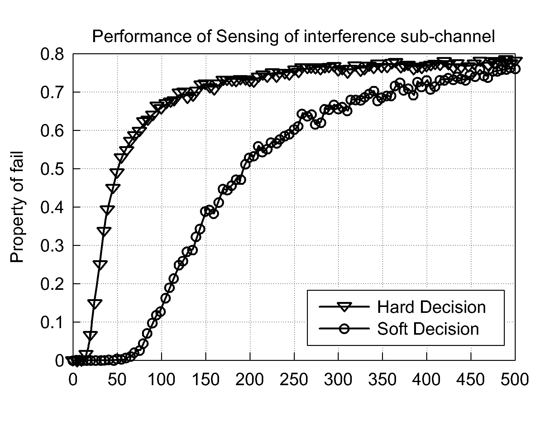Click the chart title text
click(294, 37)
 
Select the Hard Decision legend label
click(431, 307)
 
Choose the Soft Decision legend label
click(428, 329)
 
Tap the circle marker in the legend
click(344, 329)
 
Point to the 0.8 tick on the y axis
click(52, 54)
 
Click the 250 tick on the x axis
click(294, 380)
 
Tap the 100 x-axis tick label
click(161, 380)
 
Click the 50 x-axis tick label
click(117, 380)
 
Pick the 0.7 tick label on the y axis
click(52, 93)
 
